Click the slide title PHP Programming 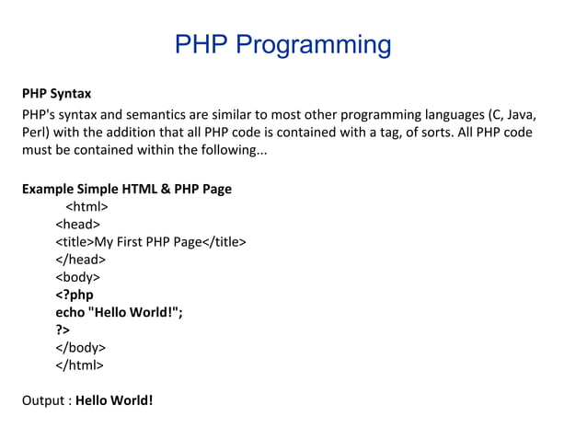tap(282, 44)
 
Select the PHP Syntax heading tap(56, 94)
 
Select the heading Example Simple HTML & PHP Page tap(126, 190)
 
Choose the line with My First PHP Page tap(151, 242)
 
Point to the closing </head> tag tap(81, 260)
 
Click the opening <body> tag tap(78, 277)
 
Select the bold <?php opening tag tap(75, 295)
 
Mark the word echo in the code tap(70, 312)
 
